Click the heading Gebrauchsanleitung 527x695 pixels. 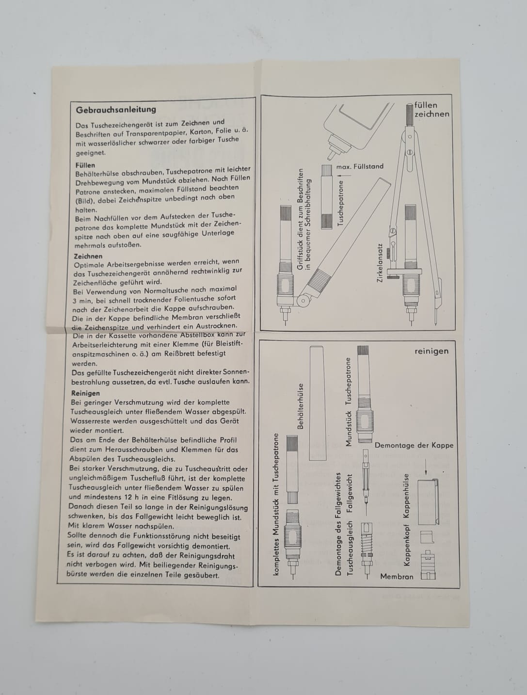click(116, 110)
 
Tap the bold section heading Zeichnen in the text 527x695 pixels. click(88, 256)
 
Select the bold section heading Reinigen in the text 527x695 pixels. click(85, 393)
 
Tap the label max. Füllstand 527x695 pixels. click(360, 166)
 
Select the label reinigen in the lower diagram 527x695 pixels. click(431, 351)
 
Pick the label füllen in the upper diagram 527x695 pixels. click(426, 105)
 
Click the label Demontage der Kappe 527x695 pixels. click(414, 445)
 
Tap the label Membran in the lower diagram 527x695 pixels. click(397, 577)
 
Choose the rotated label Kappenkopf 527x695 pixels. click(407, 545)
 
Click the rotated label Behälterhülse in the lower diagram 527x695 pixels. click(301, 407)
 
